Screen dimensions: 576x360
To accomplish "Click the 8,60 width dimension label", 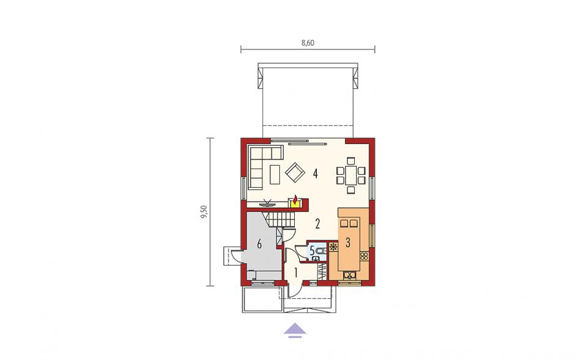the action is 308,43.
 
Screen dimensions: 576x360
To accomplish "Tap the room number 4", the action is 315,173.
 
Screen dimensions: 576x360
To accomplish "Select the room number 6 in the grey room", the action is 259,244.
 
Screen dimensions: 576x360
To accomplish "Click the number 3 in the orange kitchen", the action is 347,243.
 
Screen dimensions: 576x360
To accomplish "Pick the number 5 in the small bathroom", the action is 313,251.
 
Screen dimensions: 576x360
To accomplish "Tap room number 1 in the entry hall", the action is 296,272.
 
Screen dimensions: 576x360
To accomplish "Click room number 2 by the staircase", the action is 317,223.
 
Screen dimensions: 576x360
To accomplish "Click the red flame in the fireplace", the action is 295,199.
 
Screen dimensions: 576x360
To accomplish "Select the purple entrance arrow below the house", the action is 295,330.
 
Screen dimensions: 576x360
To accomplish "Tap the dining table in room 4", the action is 351,175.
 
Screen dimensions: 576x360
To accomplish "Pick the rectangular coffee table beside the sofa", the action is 275,174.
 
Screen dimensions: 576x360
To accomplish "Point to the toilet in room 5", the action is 320,251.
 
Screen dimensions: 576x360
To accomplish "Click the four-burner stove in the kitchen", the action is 365,256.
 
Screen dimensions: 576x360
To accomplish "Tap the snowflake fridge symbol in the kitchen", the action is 333,247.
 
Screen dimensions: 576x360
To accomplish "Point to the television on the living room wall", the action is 267,202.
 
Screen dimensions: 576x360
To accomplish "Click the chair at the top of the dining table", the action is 351,161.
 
